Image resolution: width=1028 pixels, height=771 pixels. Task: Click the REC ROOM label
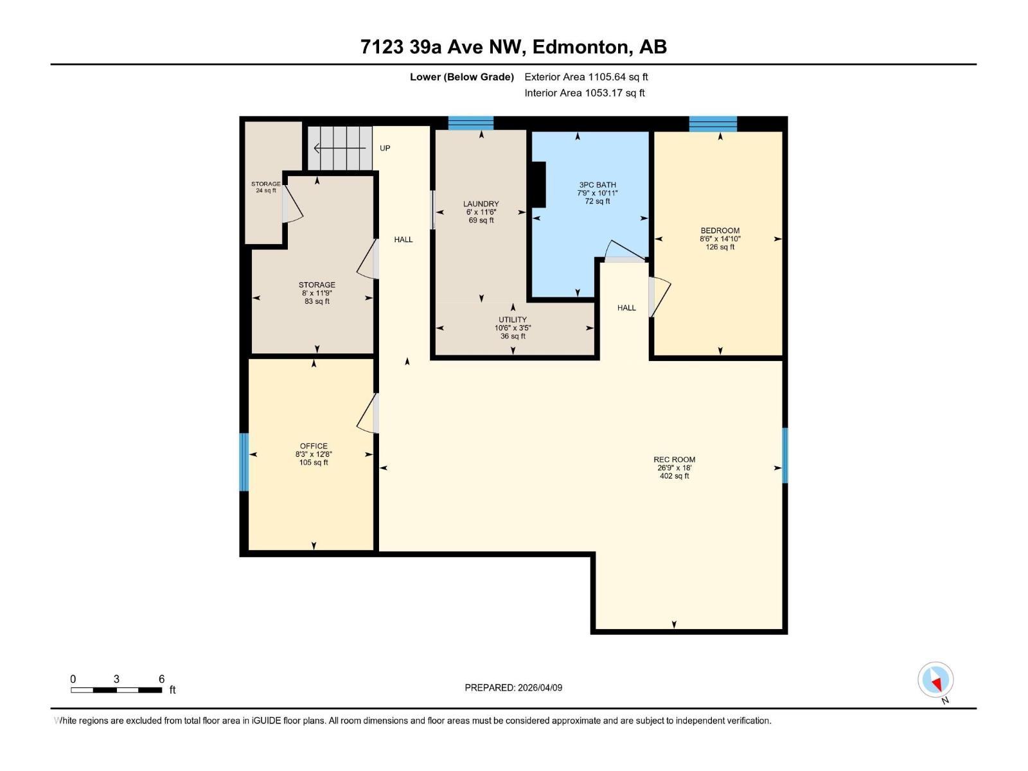674,459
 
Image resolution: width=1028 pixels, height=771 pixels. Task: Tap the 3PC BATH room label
597,185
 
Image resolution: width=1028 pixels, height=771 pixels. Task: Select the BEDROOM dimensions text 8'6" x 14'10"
720,238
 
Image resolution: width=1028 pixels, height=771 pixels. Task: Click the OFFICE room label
314,446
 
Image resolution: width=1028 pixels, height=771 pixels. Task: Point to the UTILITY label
512,319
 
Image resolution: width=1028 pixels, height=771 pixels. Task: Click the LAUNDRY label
481,204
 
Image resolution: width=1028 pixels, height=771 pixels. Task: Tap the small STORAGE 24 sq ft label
265,187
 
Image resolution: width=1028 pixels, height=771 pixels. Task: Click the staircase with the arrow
340,148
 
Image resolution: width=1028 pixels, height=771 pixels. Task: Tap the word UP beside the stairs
385,148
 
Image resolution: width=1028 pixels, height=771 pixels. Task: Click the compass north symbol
935,680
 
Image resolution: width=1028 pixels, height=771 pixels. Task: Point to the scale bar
116,690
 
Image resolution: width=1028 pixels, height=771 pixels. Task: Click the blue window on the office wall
244,462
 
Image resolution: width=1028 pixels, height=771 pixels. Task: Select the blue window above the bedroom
713,123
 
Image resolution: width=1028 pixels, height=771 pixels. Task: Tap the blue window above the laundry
470,123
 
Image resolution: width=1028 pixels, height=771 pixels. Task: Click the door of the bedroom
659,296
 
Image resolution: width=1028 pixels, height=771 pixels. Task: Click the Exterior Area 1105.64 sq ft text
586,77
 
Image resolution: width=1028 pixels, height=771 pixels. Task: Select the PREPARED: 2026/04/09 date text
513,687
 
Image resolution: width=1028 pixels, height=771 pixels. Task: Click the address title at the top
513,47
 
